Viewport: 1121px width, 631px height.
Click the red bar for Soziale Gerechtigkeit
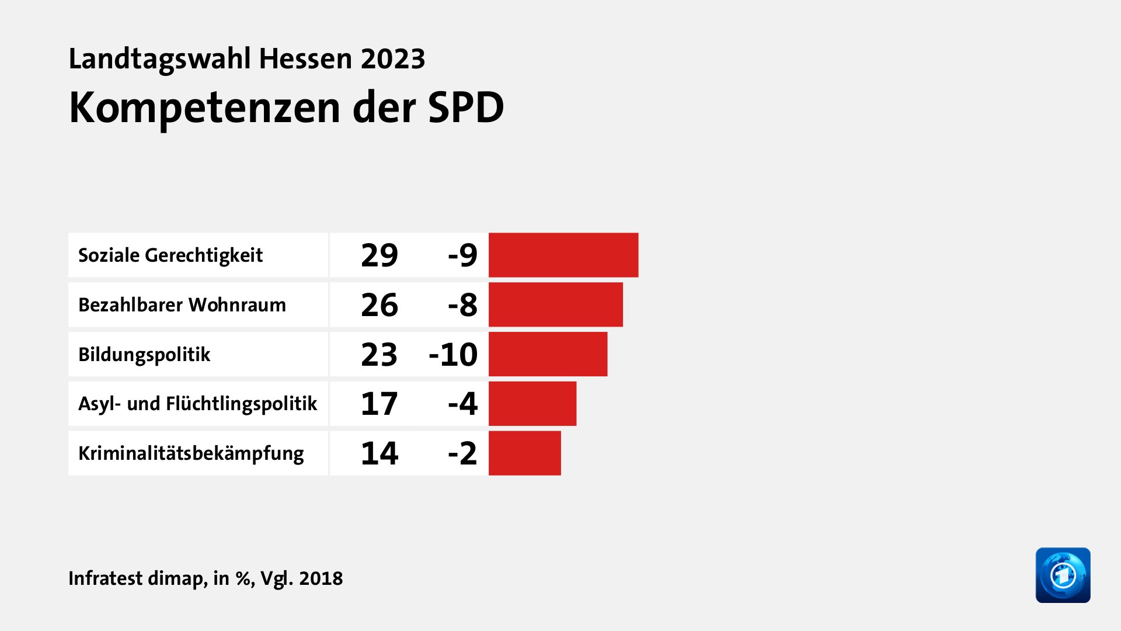tap(563, 255)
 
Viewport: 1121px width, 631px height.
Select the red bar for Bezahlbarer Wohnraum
tap(555, 304)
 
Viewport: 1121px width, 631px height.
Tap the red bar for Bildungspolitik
tap(548, 354)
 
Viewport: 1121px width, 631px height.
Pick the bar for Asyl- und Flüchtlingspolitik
tap(532, 404)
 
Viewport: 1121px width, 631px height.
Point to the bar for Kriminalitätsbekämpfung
tap(524, 453)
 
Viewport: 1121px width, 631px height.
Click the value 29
tap(380, 255)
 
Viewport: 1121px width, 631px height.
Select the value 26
tap(380, 305)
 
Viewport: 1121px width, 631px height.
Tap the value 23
tap(380, 355)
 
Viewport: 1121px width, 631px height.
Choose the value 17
tap(380, 404)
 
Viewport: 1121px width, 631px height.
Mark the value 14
tap(380, 453)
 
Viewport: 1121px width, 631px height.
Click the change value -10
tap(453, 355)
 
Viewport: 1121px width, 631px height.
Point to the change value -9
tap(462, 255)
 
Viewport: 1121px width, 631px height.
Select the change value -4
tap(462, 404)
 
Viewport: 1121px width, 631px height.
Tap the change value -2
tap(462, 453)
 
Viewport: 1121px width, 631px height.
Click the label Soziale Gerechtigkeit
tap(170, 255)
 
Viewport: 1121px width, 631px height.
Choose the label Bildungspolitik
tap(144, 355)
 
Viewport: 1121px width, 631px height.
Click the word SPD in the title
tap(465, 108)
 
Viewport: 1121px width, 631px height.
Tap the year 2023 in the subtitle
tap(392, 59)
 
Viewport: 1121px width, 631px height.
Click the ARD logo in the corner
tap(1063, 575)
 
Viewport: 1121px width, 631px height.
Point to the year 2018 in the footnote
tap(321, 578)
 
